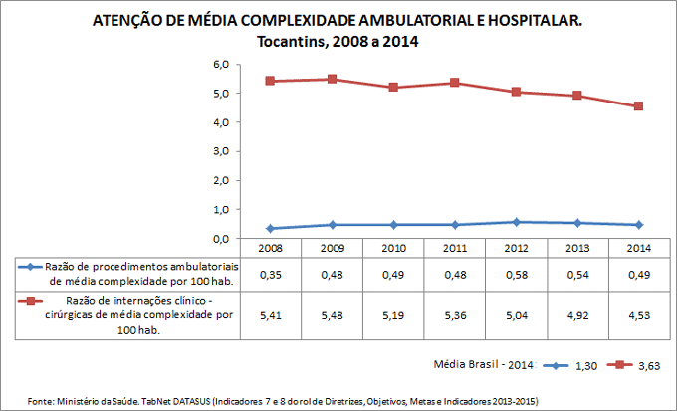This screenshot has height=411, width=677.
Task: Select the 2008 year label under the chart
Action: click(270, 247)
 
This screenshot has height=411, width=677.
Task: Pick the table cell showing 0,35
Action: click(270, 274)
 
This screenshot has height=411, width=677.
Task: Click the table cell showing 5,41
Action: click(270, 316)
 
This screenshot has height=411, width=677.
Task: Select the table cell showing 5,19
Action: click(393, 316)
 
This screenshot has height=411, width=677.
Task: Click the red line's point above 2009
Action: click(332, 79)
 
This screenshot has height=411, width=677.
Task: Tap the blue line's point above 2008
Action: click(270, 229)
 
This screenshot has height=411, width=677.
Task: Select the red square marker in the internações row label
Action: click(32, 301)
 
